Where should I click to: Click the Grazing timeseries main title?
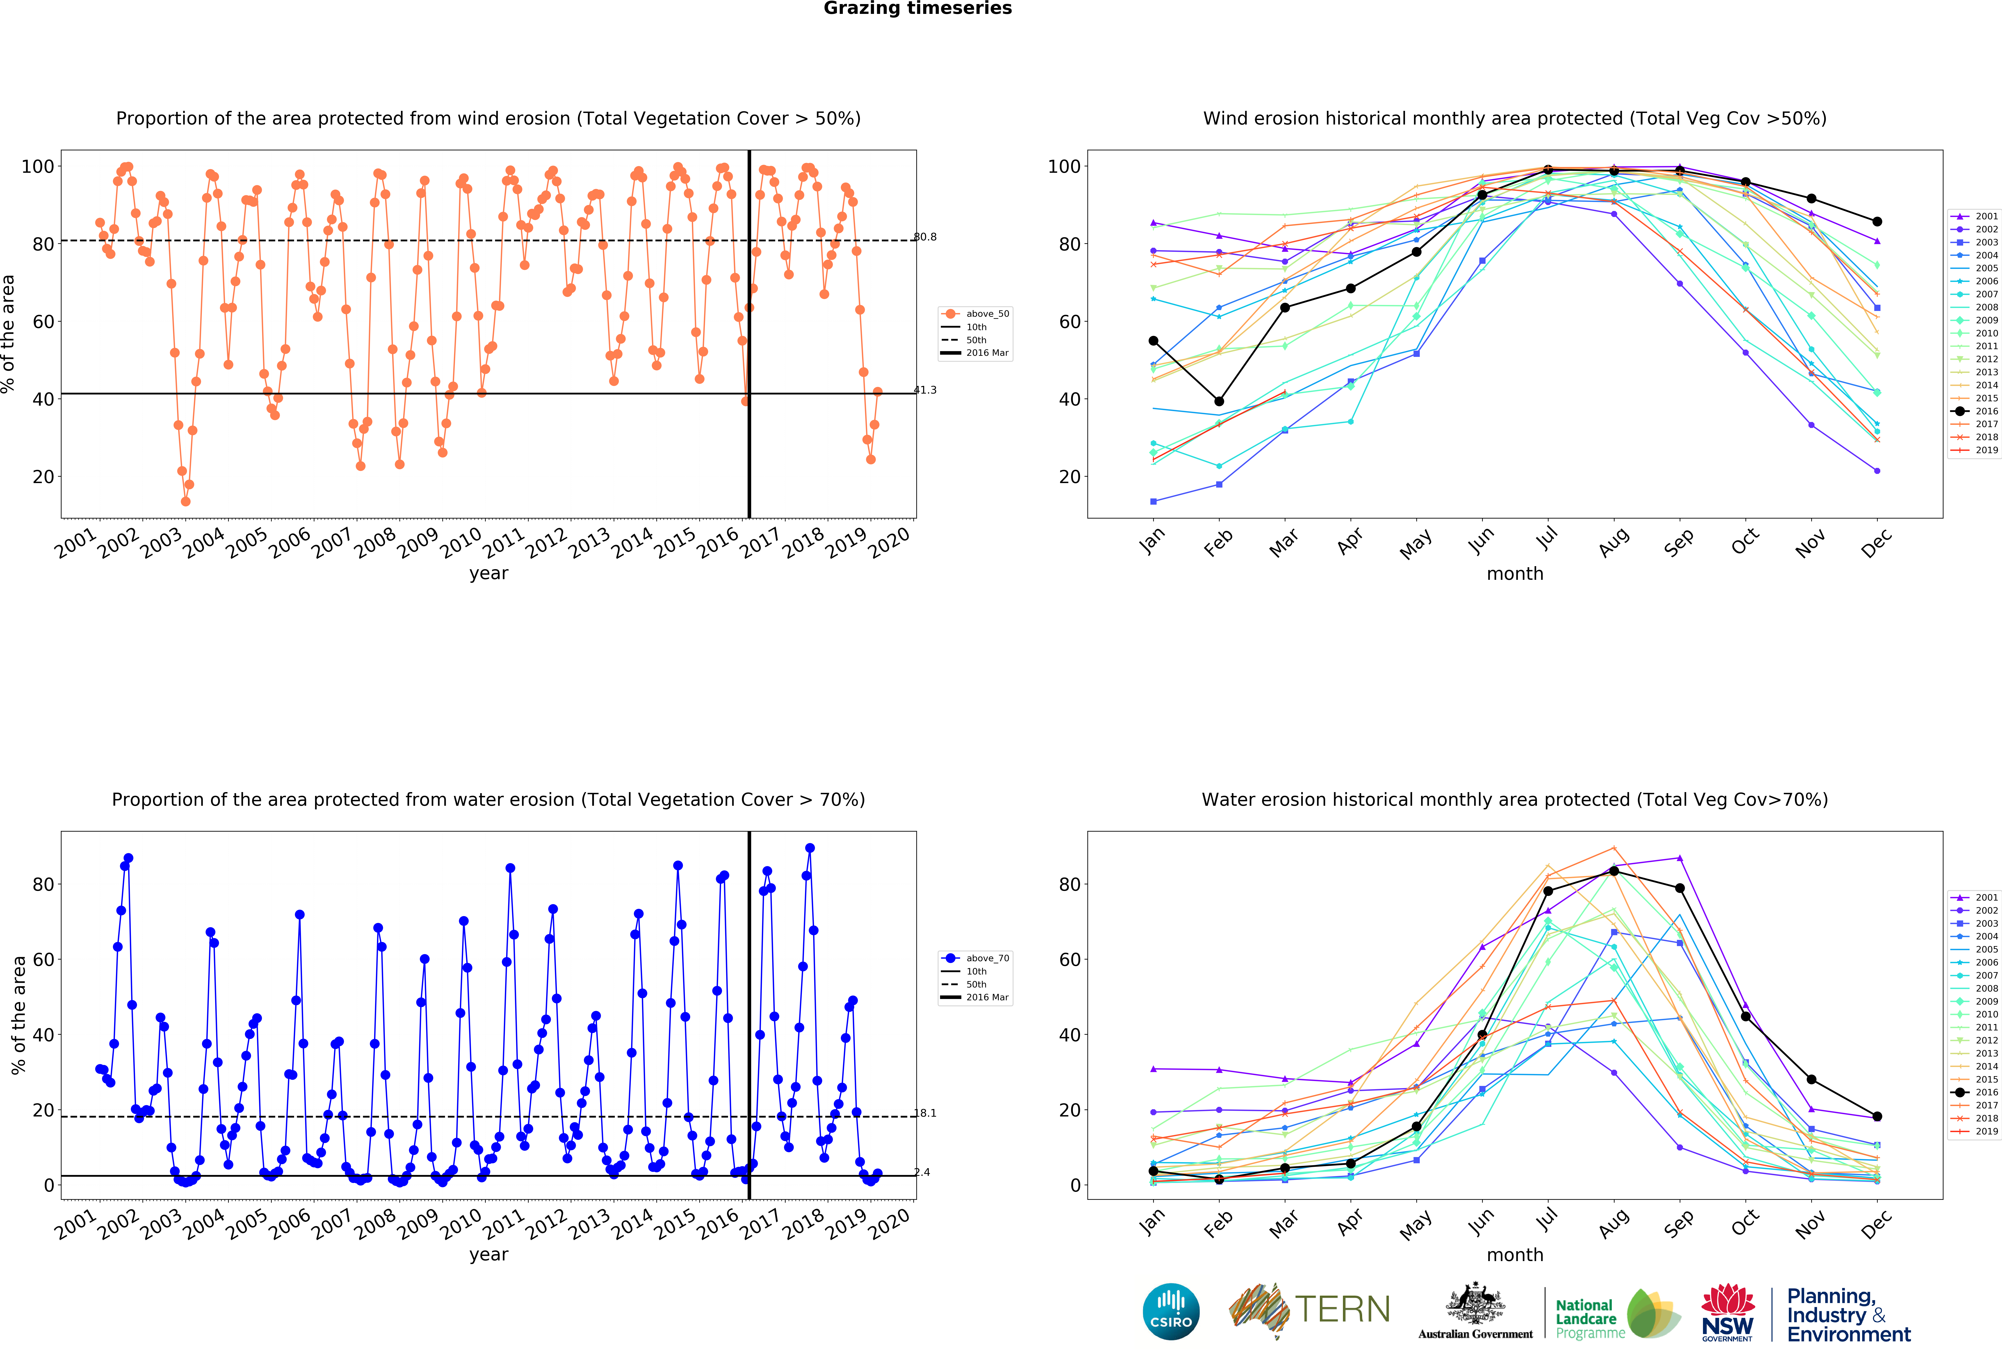(917, 9)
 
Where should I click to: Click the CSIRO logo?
(1171, 1311)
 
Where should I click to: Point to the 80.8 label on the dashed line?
(925, 237)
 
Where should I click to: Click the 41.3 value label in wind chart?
(925, 390)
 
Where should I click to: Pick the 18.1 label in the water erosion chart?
(925, 1113)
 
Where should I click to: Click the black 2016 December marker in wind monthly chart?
(1877, 221)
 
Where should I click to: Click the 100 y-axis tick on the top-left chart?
(37, 166)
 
